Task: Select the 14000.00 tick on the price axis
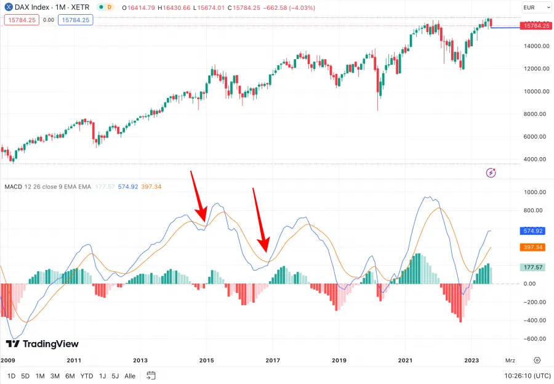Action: tap(533, 46)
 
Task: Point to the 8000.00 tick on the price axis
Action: tap(533, 114)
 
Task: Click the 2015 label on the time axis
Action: tap(206, 360)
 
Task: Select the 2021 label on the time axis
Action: tap(405, 360)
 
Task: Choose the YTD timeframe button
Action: tap(87, 376)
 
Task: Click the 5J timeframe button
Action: tap(115, 376)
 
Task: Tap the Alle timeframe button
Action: tap(130, 376)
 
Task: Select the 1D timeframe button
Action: tap(12, 376)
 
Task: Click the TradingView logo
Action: tap(42, 344)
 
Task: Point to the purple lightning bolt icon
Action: tap(491, 173)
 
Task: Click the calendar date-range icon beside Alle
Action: tap(151, 375)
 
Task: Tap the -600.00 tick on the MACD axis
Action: tap(533, 339)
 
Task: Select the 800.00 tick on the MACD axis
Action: tap(533, 210)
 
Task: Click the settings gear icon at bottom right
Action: tap(537, 360)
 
